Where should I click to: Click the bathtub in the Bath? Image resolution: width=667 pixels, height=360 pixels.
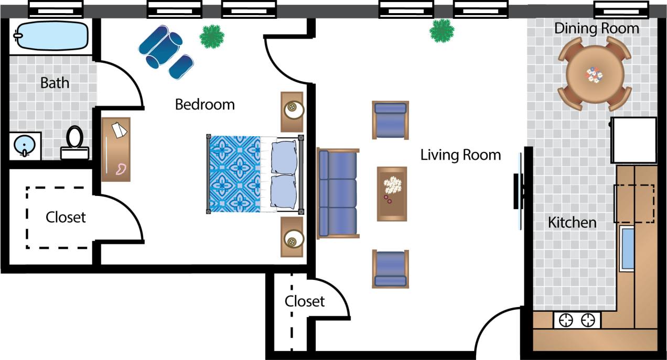click(x=50, y=36)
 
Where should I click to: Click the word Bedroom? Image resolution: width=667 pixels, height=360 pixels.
click(x=205, y=104)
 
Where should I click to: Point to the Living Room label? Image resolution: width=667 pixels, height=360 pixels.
click(x=460, y=155)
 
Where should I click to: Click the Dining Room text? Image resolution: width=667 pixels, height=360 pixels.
click(x=597, y=28)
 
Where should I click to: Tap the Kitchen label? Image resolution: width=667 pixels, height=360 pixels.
click(x=572, y=222)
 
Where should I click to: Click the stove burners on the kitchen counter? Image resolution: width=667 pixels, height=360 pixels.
click(x=577, y=320)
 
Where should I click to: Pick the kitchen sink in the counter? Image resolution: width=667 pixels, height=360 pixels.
click(x=627, y=248)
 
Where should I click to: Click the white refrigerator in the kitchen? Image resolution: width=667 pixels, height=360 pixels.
click(x=634, y=140)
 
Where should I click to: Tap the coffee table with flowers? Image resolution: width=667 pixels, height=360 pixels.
click(x=392, y=193)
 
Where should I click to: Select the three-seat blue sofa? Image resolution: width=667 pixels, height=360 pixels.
click(x=338, y=193)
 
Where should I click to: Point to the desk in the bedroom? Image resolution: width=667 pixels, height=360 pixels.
click(x=116, y=149)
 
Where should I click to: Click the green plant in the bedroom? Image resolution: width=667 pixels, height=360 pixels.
click(x=212, y=36)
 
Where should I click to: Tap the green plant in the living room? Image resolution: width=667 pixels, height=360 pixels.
click(x=442, y=30)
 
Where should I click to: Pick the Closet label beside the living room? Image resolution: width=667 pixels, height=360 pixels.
click(x=304, y=301)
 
